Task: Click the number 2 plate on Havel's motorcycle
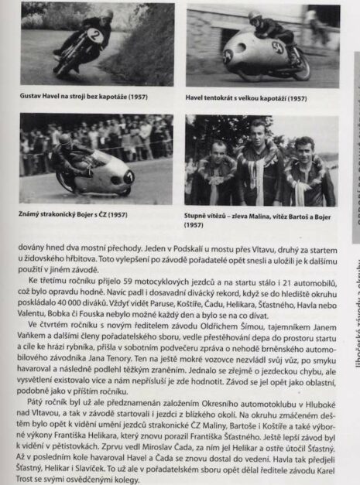(x=93, y=36)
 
